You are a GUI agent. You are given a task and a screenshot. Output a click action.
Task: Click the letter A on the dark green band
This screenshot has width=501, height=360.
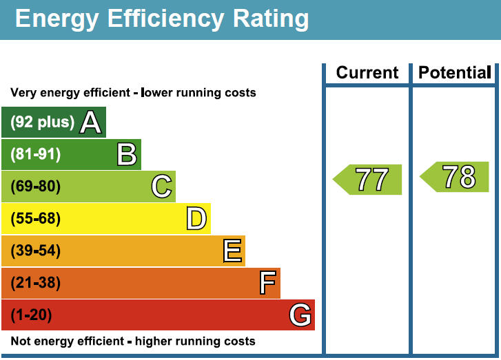click(x=91, y=123)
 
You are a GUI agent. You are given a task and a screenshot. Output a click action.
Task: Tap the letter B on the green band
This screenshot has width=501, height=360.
click(x=127, y=154)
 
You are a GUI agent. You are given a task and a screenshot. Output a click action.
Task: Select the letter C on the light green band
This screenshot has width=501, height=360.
click(x=161, y=187)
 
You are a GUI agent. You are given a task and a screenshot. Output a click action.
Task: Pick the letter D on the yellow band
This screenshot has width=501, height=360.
click(x=196, y=219)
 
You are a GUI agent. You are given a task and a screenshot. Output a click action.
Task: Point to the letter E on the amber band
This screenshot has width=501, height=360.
click(x=233, y=251)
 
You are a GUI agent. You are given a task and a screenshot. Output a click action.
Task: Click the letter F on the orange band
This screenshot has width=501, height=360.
click(x=267, y=283)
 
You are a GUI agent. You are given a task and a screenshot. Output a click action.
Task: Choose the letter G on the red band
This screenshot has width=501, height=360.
click(x=301, y=315)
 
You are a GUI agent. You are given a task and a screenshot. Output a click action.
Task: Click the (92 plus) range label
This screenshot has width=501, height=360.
click(x=42, y=123)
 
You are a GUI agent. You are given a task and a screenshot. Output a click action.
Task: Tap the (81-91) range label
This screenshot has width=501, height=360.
click(x=36, y=154)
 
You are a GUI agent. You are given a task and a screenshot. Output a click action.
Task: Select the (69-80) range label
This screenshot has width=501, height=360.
click(x=36, y=187)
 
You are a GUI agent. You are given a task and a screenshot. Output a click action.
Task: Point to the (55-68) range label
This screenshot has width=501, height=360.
click(x=36, y=219)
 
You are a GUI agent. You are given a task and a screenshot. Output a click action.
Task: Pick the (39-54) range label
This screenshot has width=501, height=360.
click(x=36, y=251)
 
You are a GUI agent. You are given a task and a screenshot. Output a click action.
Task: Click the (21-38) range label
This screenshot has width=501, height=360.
click(x=36, y=283)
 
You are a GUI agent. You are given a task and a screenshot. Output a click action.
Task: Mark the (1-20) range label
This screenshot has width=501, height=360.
click(x=32, y=315)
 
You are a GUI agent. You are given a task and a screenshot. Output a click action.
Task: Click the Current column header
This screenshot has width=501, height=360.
click(x=367, y=73)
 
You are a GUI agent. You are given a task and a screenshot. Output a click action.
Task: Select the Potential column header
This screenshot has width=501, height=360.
click(x=455, y=73)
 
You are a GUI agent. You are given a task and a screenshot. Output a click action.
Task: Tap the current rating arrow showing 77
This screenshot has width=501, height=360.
click(x=368, y=180)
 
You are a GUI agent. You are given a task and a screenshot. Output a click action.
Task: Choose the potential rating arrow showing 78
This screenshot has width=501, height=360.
click(x=455, y=177)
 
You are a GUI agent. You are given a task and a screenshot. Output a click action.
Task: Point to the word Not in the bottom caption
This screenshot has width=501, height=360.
click(x=21, y=341)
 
